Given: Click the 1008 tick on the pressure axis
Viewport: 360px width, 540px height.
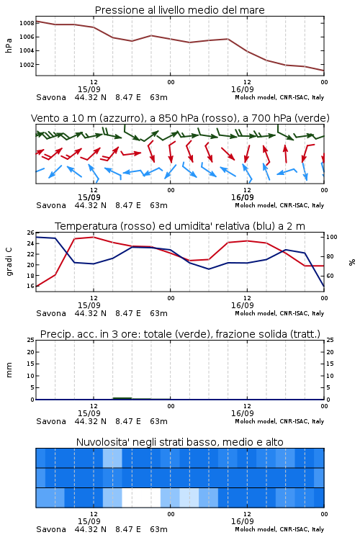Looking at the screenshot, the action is pyautogui.click(x=27, y=24).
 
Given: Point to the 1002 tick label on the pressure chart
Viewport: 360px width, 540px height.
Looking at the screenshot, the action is pyautogui.click(x=27, y=65).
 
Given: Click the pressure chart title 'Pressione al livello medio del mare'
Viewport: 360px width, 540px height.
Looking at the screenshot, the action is pyautogui.click(x=180, y=10).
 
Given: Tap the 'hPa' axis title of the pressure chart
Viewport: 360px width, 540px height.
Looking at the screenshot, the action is pyautogui.click(x=9, y=45).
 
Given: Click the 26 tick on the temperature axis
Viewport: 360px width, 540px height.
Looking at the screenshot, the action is pyautogui.click(x=31, y=233).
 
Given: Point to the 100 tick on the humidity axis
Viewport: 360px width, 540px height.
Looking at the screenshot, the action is pyautogui.click(x=332, y=237).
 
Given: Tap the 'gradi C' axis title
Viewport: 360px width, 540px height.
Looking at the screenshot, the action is pyautogui.click(x=9, y=262).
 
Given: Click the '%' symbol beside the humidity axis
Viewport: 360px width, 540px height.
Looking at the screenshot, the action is pyautogui.click(x=352, y=262).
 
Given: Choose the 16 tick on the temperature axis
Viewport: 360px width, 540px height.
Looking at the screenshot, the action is pyautogui.click(x=31, y=286).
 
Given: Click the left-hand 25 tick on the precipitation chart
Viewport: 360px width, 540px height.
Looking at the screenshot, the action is pyautogui.click(x=31, y=341).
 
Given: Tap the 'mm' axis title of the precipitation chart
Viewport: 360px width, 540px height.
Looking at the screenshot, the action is pyautogui.click(x=9, y=370).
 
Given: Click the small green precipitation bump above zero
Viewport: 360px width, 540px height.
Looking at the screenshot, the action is pyautogui.click(x=122, y=398).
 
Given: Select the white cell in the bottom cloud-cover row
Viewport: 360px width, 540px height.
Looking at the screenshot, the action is pyautogui.click(x=141, y=498).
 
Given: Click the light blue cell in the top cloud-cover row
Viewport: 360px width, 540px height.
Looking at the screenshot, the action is pyautogui.click(x=112, y=458).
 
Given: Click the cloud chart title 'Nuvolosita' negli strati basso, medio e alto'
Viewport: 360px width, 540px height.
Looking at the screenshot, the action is pyautogui.click(x=180, y=442).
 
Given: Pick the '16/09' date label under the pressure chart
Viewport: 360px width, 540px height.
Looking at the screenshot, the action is pyautogui.click(x=243, y=89).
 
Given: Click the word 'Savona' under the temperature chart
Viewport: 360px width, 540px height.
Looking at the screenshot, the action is pyautogui.click(x=51, y=313).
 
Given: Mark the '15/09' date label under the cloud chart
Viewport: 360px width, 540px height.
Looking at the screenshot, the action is pyautogui.click(x=89, y=521).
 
